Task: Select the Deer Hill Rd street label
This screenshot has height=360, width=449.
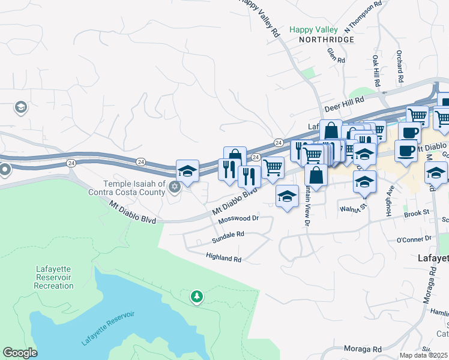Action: [x=345, y=105]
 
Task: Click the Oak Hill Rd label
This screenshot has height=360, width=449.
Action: [x=376, y=71]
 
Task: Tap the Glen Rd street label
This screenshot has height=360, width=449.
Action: [x=336, y=56]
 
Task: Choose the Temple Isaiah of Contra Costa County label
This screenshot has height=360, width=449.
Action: [x=134, y=188]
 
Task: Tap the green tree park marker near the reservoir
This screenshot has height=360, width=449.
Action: [x=196, y=296]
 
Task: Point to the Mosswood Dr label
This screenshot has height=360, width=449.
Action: [x=238, y=219]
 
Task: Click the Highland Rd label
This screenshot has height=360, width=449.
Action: [x=223, y=259]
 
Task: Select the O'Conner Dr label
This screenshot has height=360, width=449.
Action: [x=414, y=238]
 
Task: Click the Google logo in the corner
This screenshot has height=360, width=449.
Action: [x=20, y=352]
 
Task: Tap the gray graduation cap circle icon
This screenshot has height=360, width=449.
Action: [x=21, y=107]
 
